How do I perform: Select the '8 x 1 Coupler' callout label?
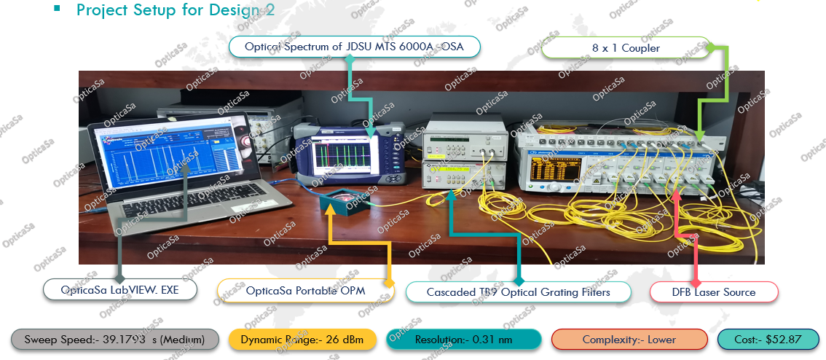pos(626,48)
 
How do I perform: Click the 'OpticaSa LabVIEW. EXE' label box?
pos(120,290)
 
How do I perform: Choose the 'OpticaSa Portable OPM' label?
pos(304,291)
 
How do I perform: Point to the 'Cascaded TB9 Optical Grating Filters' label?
pos(518,292)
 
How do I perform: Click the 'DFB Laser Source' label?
pos(714,292)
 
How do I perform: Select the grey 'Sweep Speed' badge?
pos(114,340)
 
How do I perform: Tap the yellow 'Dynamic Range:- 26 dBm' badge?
pos(302,340)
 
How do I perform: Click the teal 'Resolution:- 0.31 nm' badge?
pos(463,340)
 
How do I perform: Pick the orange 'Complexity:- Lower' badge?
pos(629,340)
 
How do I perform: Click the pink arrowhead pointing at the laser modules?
pos(677,192)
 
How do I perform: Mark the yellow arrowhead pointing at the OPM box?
pos(331,209)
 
